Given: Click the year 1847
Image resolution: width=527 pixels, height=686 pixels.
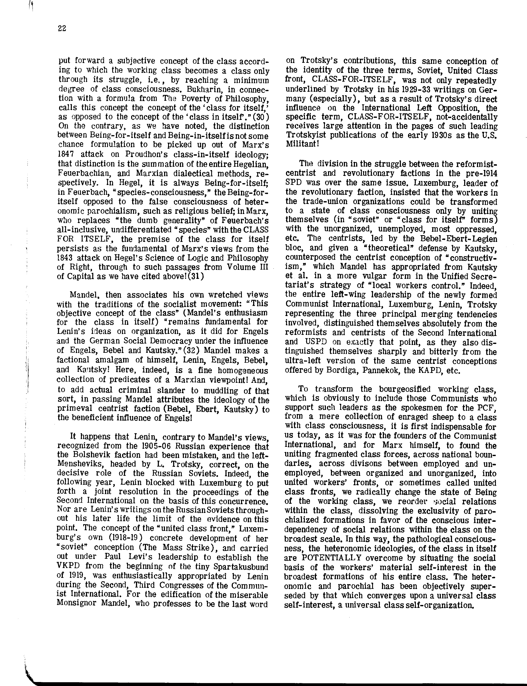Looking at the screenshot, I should [66, 154].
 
